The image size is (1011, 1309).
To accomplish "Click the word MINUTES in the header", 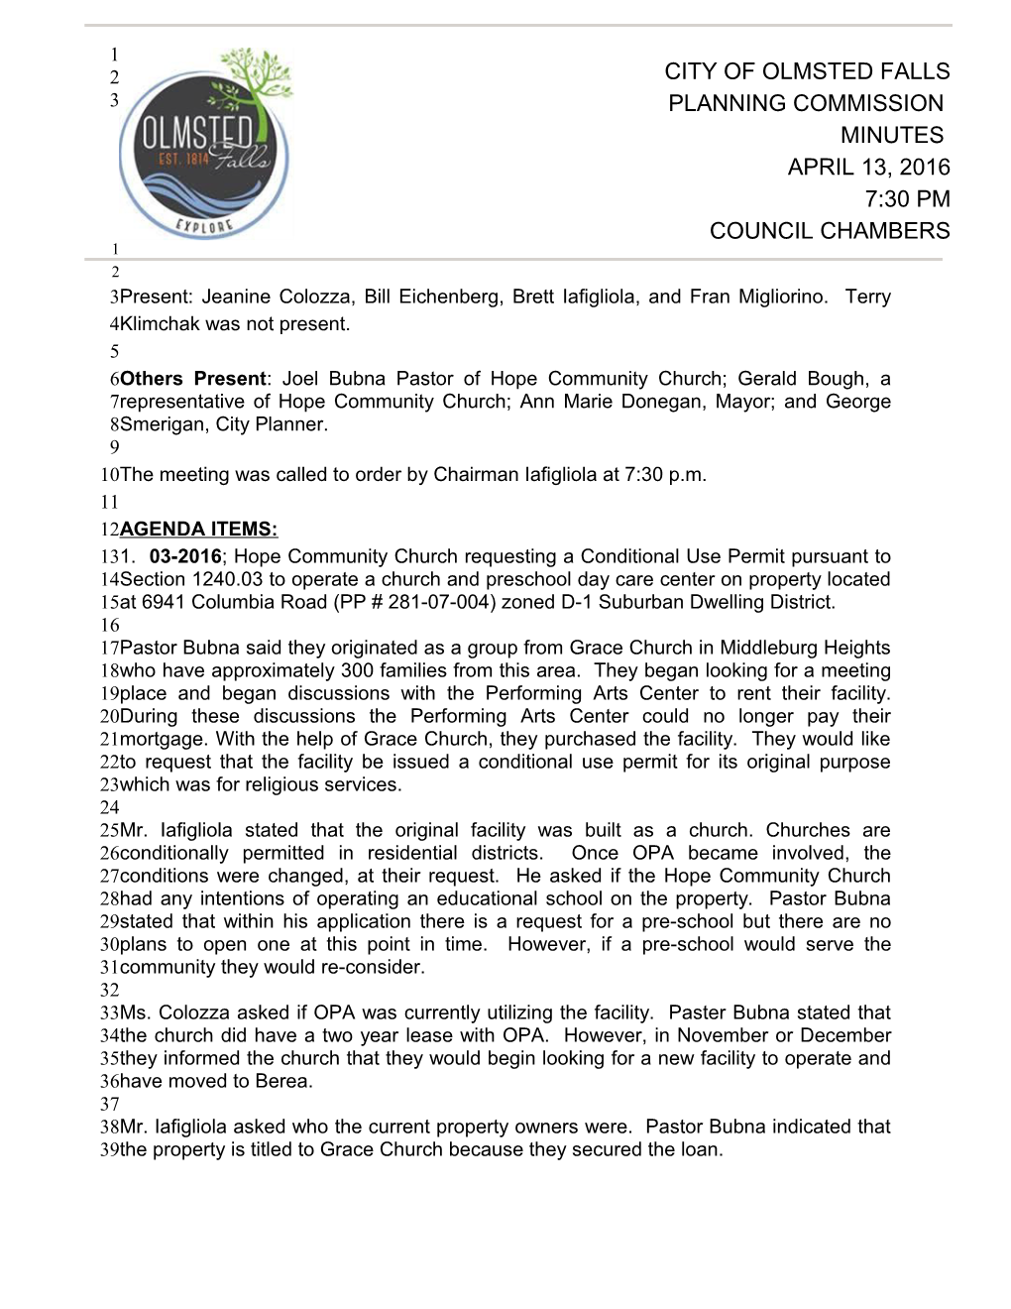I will pos(891,135).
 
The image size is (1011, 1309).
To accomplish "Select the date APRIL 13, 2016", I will pos(868,167).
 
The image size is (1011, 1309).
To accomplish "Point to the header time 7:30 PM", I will pos(907,198).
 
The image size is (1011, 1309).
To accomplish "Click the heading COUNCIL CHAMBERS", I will pos(829,230).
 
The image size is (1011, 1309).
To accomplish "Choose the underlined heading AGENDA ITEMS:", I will pos(198,529).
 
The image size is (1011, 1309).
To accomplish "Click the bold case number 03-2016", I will pos(185,556).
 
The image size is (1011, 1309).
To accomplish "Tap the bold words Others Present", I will pos(193,378).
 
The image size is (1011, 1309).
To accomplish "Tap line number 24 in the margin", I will pos(109,807).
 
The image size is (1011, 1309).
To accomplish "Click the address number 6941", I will pos(164,602).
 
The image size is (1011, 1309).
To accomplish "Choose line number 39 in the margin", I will pos(109,1149).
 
